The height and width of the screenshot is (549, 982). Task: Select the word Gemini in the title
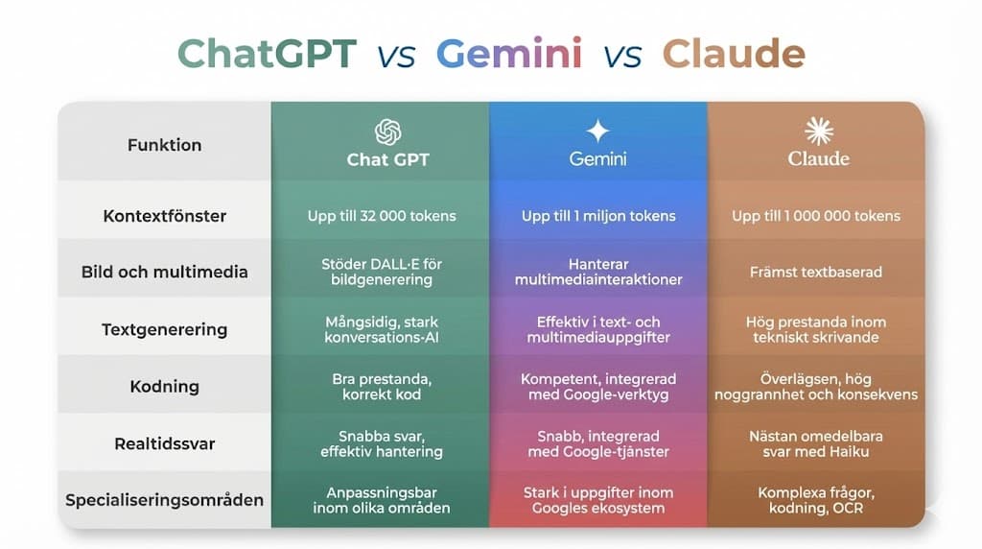pyautogui.click(x=508, y=53)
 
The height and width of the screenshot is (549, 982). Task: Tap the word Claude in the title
pyautogui.click(x=734, y=53)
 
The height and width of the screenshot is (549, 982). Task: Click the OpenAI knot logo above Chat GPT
pyautogui.click(x=387, y=131)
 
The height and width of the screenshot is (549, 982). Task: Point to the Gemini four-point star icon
pyautogui.click(x=597, y=131)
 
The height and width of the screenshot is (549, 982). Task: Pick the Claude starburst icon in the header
pyautogui.click(x=818, y=131)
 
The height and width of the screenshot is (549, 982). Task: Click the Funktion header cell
pyautogui.click(x=164, y=145)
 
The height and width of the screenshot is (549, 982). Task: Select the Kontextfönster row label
pyautogui.click(x=164, y=215)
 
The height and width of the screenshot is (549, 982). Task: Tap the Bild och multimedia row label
pyautogui.click(x=164, y=272)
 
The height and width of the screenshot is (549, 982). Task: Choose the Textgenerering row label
pyautogui.click(x=164, y=329)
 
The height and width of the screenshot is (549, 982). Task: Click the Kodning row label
pyautogui.click(x=164, y=387)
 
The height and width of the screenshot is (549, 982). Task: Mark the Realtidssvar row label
pyautogui.click(x=164, y=443)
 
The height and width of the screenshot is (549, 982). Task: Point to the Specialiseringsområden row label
pyautogui.click(x=164, y=500)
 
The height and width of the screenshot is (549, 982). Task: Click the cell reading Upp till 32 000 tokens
pyautogui.click(x=380, y=215)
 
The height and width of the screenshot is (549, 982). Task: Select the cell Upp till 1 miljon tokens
pyautogui.click(x=598, y=215)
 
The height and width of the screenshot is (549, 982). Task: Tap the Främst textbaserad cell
pyautogui.click(x=816, y=272)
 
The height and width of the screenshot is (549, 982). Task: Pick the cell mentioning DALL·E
pyautogui.click(x=380, y=272)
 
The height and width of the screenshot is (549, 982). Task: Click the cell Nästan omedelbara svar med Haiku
pyautogui.click(x=816, y=443)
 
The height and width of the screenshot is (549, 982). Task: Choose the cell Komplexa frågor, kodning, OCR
pyautogui.click(x=816, y=500)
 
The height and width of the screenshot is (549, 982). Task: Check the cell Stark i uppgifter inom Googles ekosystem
pyautogui.click(x=598, y=500)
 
